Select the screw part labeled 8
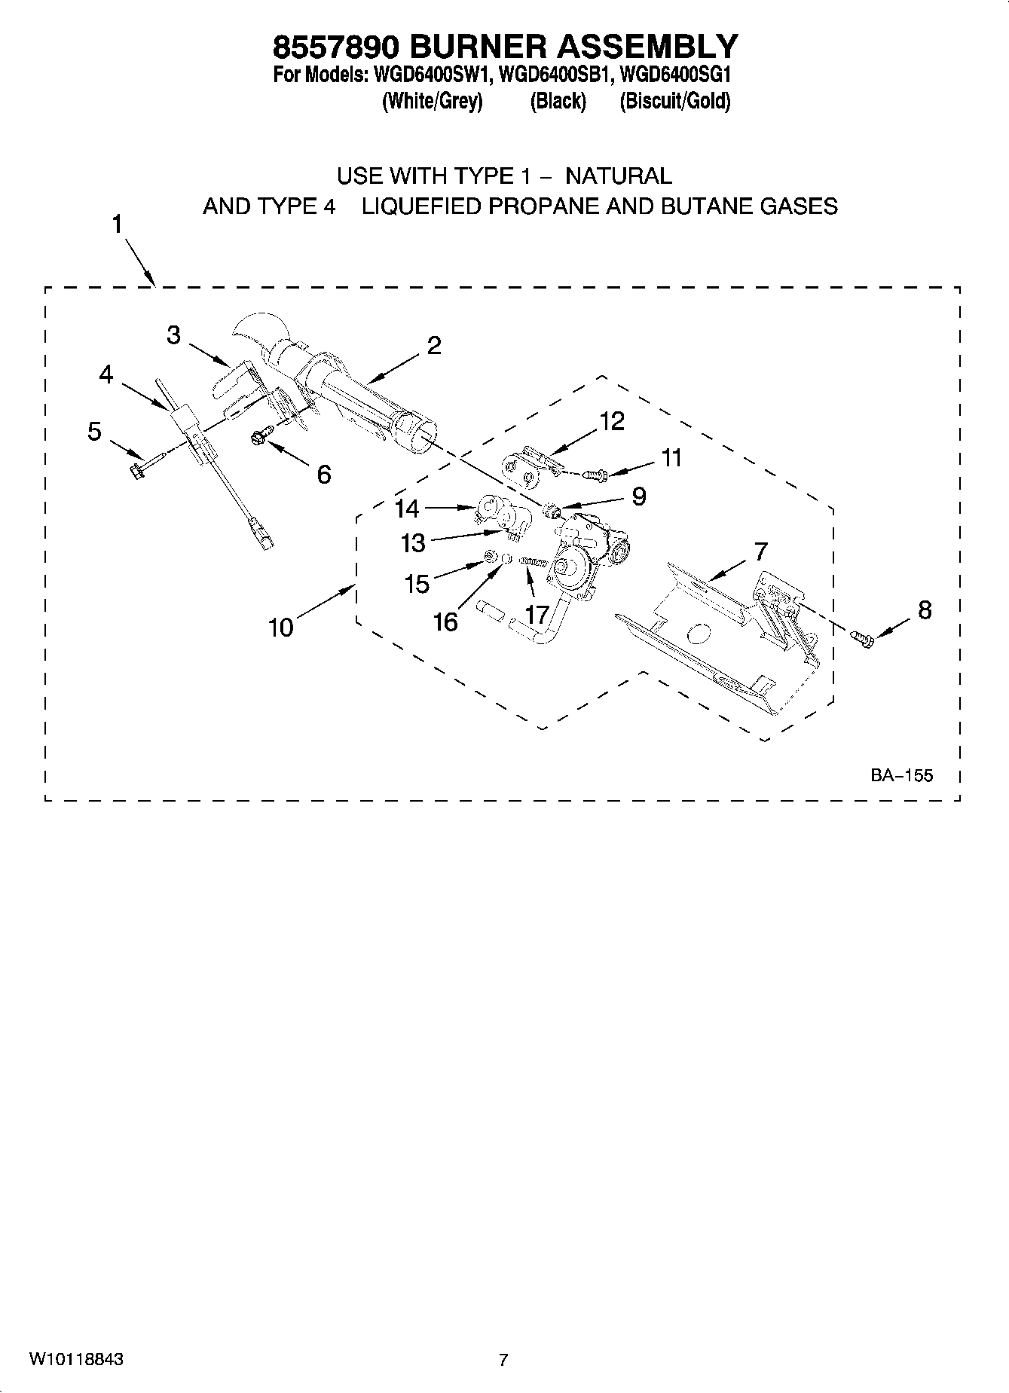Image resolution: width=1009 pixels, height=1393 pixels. (x=863, y=639)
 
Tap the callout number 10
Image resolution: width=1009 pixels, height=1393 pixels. (x=280, y=627)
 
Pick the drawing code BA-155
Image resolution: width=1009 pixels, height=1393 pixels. (x=901, y=774)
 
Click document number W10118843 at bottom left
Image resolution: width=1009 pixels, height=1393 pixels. (x=76, y=1360)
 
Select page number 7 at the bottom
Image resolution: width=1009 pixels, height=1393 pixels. (x=503, y=1360)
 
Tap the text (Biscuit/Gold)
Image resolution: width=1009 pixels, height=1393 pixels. (x=674, y=102)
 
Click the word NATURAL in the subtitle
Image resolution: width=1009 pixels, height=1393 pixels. (x=618, y=176)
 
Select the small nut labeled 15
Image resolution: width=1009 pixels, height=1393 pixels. (x=488, y=558)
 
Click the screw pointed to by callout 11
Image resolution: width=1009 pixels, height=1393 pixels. (x=596, y=475)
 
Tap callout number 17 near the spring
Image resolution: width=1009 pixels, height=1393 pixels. (x=536, y=614)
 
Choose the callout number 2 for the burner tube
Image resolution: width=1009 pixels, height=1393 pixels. (x=433, y=346)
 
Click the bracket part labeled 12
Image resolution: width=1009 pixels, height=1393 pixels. (x=527, y=468)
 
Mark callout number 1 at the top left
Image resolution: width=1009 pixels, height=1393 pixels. (x=118, y=225)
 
